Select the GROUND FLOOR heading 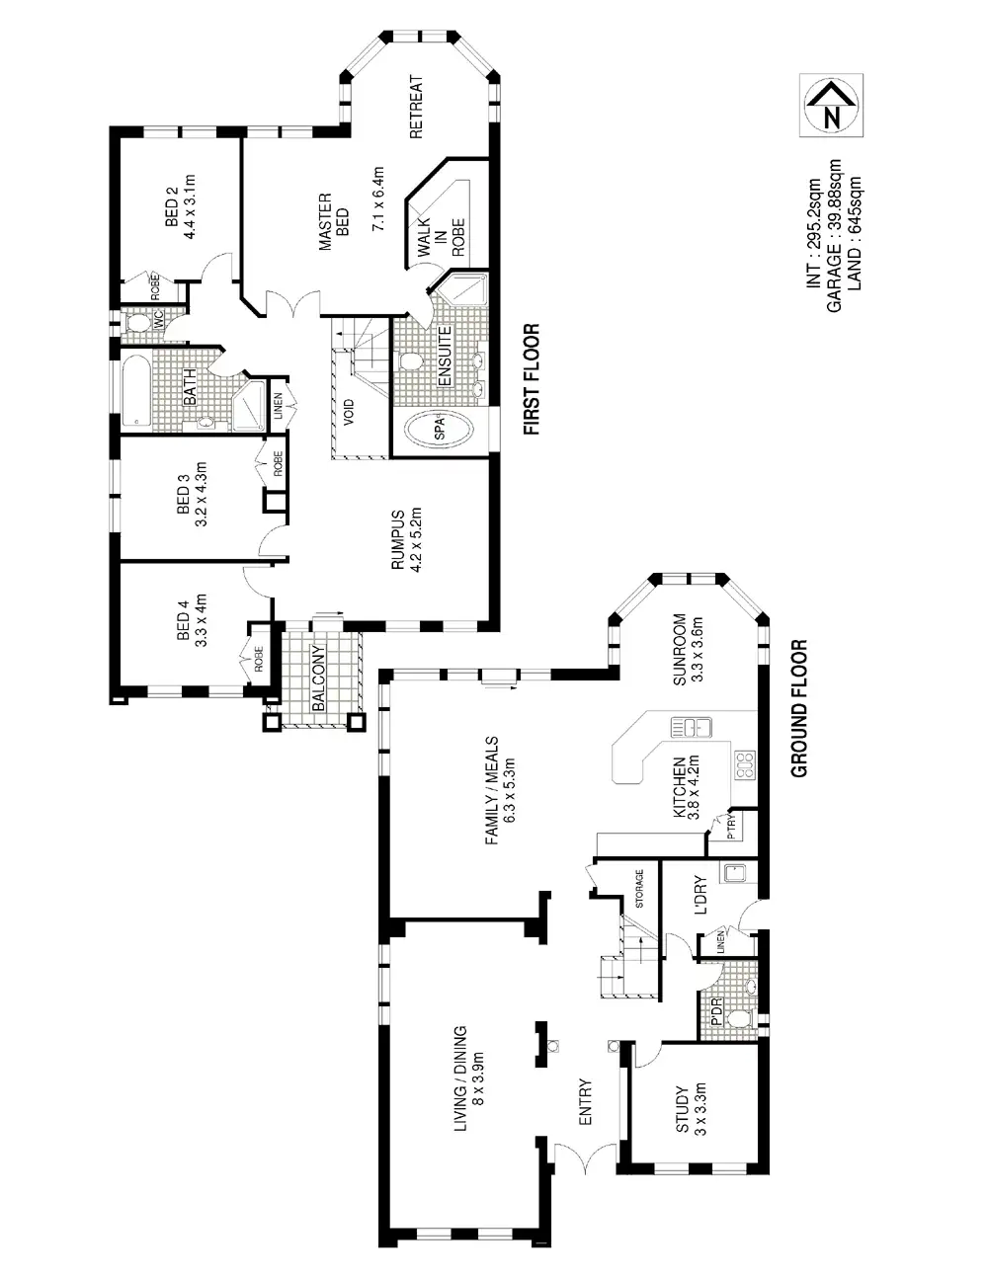click(799, 708)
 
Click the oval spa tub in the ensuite click(439, 430)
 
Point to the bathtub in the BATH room click(134, 390)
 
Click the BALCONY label click(318, 679)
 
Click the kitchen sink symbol click(693, 729)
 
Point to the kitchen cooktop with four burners click(744, 762)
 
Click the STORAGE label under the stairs click(639, 889)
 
